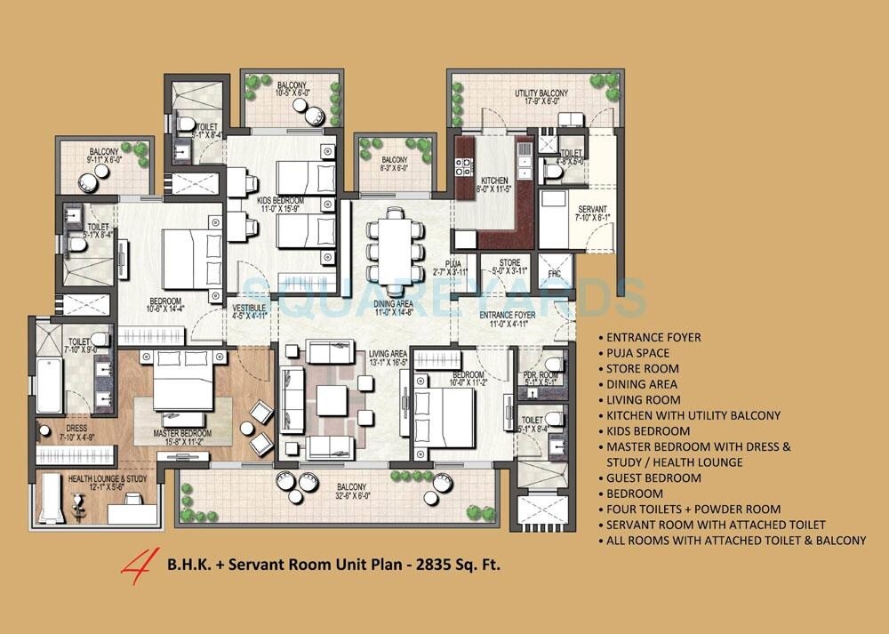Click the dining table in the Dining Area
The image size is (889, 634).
pos(393,245)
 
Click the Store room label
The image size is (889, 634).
pos(509,267)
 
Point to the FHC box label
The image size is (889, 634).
pos(556,273)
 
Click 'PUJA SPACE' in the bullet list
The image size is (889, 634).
pos(638,353)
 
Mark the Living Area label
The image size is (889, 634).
pos(388,358)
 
